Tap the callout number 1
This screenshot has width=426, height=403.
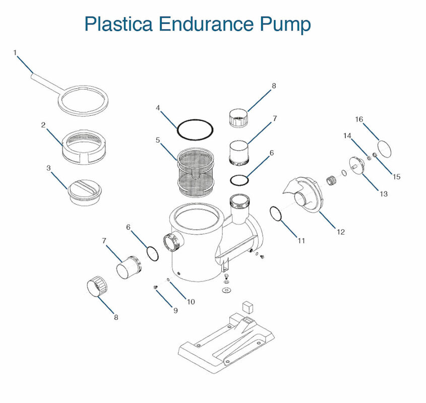[x=15, y=52]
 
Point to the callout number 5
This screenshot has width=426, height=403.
[x=158, y=140]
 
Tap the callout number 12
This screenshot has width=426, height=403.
[x=341, y=232]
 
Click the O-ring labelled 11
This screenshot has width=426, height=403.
[x=275, y=213]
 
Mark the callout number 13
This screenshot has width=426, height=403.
[x=384, y=193]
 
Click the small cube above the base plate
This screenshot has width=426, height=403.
[x=247, y=305]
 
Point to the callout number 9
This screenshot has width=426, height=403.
[x=175, y=310]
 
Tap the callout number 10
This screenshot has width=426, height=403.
[x=191, y=302]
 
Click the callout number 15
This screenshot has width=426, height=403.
[x=397, y=177]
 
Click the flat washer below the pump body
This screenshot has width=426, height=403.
[x=226, y=291]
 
